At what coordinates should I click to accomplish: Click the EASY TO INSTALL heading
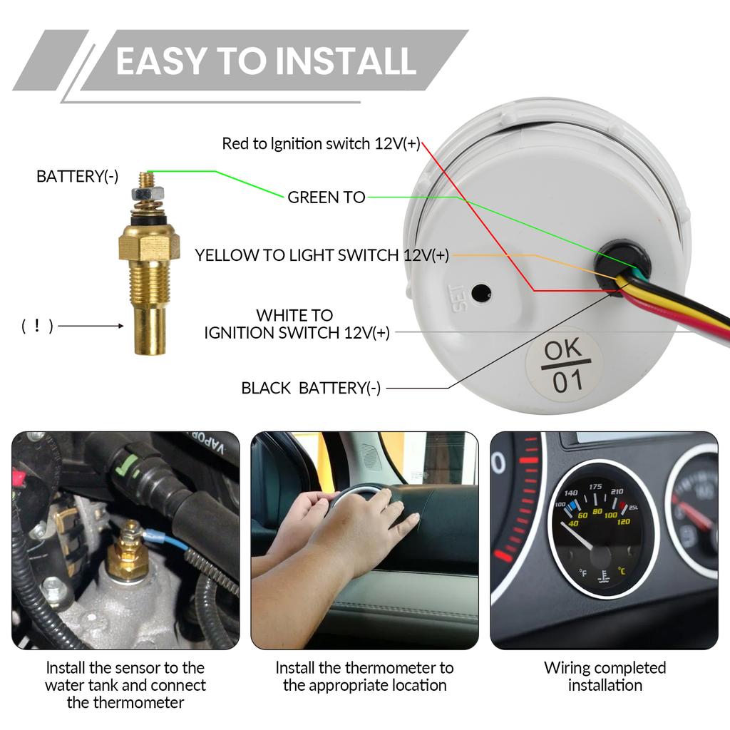point(265,61)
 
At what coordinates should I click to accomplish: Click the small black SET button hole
point(482,292)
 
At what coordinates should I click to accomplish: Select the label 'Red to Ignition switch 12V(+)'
point(321,144)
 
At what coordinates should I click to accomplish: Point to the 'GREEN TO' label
point(326,197)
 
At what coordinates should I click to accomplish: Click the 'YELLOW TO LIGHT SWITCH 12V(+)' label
point(322,255)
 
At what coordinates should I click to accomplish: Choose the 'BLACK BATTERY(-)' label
point(311,388)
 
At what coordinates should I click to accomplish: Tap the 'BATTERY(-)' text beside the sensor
point(78,177)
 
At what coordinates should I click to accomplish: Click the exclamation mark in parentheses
point(37,327)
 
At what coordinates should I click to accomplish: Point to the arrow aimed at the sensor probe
point(92,327)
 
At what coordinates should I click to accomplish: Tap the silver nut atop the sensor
point(143,193)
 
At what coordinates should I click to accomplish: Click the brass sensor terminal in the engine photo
point(130,549)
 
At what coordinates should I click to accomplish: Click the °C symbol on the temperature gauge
point(622,571)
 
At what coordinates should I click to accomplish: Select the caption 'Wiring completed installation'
point(605,677)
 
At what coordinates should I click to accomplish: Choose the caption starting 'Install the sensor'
point(125,685)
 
